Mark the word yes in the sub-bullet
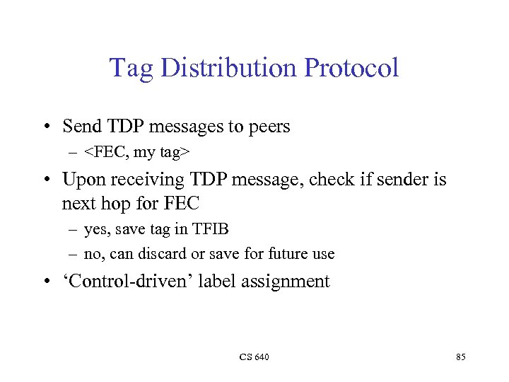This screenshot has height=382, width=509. pos(94,229)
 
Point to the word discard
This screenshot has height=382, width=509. pos(170,253)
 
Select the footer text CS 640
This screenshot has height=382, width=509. pos(254,357)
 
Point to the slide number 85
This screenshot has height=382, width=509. pos(460,357)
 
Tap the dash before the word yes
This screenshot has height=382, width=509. pos(75,229)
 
